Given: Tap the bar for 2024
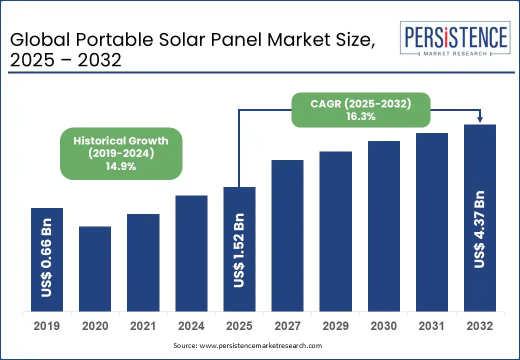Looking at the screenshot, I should tap(191, 253).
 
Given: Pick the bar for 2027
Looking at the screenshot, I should tap(287, 235).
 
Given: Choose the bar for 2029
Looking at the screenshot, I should tap(335, 231).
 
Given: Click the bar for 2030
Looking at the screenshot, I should tap(384, 226).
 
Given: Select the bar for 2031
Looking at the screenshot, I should tap(432, 222).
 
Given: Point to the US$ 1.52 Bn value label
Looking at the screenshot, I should tap(239, 250).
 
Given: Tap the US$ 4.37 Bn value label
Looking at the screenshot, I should tap(480, 228).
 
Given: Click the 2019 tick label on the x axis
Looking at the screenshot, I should tap(47, 326).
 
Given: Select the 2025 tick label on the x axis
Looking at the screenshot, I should tap(239, 326).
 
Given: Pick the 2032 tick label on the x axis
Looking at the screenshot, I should tap(480, 326).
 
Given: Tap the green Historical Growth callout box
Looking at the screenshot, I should tap(121, 154).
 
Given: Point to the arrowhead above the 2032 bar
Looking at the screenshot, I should tap(480, 119).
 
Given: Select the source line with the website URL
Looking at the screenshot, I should tap(247, 345).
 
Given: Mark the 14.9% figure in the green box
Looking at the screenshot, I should tap(121, 166).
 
